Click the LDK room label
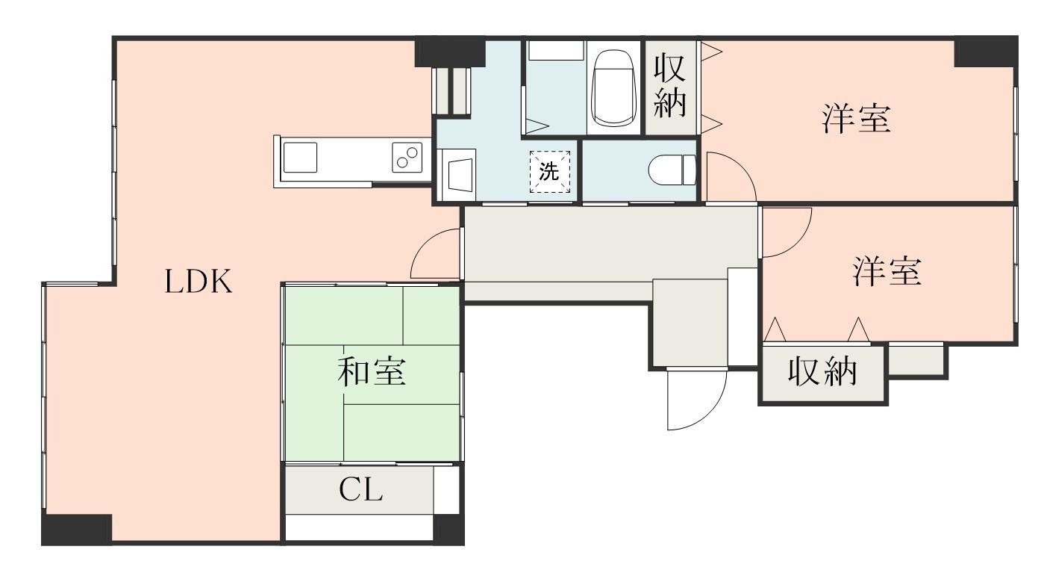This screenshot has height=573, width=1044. pyautogui.click(x=199, y=282)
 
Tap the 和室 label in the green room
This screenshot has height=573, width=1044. pyautogui.click(x=372, y=372)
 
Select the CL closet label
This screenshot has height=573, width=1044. pyautogui.click(x=360, y=491)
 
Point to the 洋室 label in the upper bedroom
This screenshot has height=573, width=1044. pyautogui.click(x=857, y=120)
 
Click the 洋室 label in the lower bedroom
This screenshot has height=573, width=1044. pyautogui.click(x=887, y=272)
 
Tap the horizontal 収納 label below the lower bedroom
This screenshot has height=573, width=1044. pyautogui.click(x=823, y=372)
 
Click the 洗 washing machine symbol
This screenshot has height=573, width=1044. pyautogui.click(x=549, y=172)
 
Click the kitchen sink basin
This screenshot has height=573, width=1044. pyautogui.click(x=299, y=158)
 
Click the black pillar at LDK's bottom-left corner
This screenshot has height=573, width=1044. pyautogui.click(x=76, y=529)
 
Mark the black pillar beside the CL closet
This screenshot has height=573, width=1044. pyautogui.click(x=448, y=528)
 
